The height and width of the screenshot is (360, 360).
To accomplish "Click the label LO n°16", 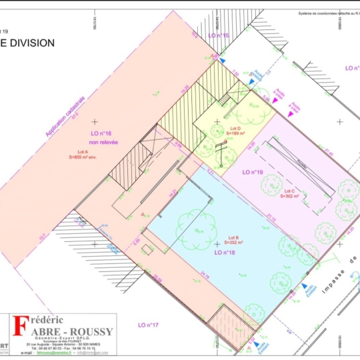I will click(x=101, y=133).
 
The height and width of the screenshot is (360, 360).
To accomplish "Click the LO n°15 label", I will click(x=218, y=35).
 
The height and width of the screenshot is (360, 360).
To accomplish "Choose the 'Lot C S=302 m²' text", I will click(x=291, y=194).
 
